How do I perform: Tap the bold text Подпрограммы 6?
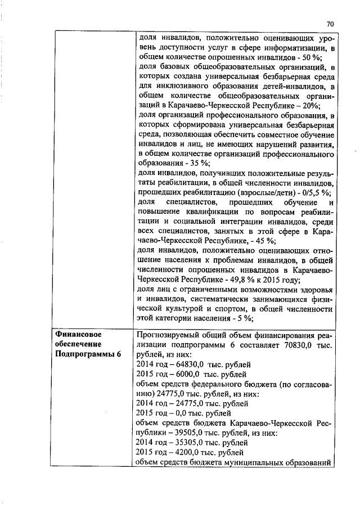coord(88,354)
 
